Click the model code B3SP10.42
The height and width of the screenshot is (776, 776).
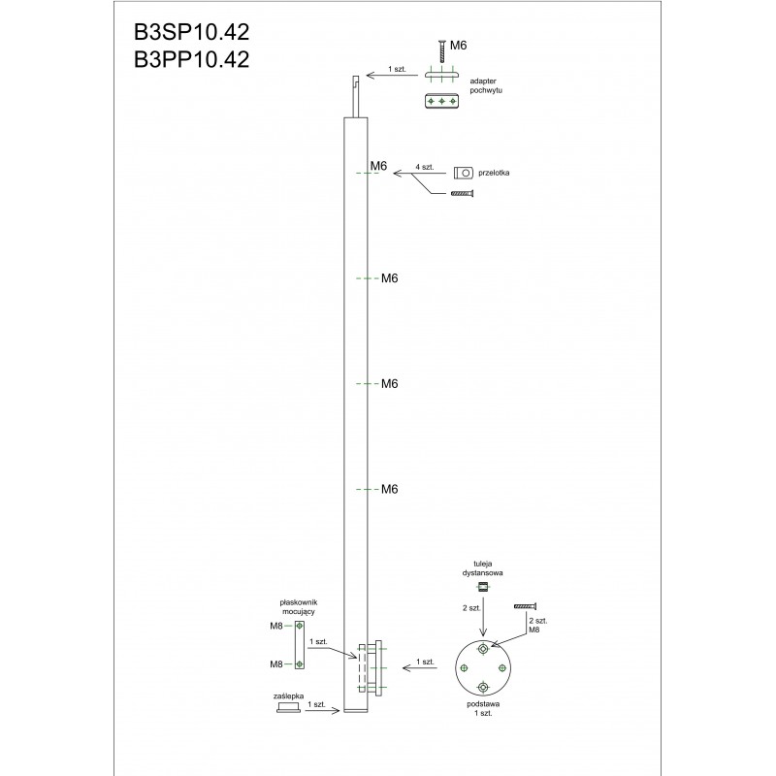pos(191,33)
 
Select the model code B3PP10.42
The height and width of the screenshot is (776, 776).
pos(191,59)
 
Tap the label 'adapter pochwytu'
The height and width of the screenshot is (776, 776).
pos(486,85)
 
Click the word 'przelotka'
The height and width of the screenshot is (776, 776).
pos(494,173)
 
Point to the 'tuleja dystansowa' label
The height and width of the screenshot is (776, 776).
pos(482,568)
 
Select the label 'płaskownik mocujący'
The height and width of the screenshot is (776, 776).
pos(299,607)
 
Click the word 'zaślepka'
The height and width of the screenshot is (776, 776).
pos(288,695)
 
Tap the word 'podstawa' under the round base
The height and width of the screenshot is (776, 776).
pos(483,704)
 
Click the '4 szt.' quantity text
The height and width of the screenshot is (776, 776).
pos(425,167)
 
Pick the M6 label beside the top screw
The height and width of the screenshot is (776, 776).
pos(458,46)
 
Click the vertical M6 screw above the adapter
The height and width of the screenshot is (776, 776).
pos(442,52)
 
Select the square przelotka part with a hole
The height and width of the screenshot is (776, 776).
pos(464,174)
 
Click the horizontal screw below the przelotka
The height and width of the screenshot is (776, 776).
pos(463,193)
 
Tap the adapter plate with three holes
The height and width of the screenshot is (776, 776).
pos(442,101)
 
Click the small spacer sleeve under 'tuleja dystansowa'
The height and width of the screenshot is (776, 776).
pos(483,588)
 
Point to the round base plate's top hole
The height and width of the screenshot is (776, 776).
pos(483,648)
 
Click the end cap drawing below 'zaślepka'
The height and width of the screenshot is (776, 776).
pos(288,707)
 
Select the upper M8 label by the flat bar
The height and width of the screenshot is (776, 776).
pos(276,626)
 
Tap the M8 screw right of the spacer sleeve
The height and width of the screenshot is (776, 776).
pos(525,606)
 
